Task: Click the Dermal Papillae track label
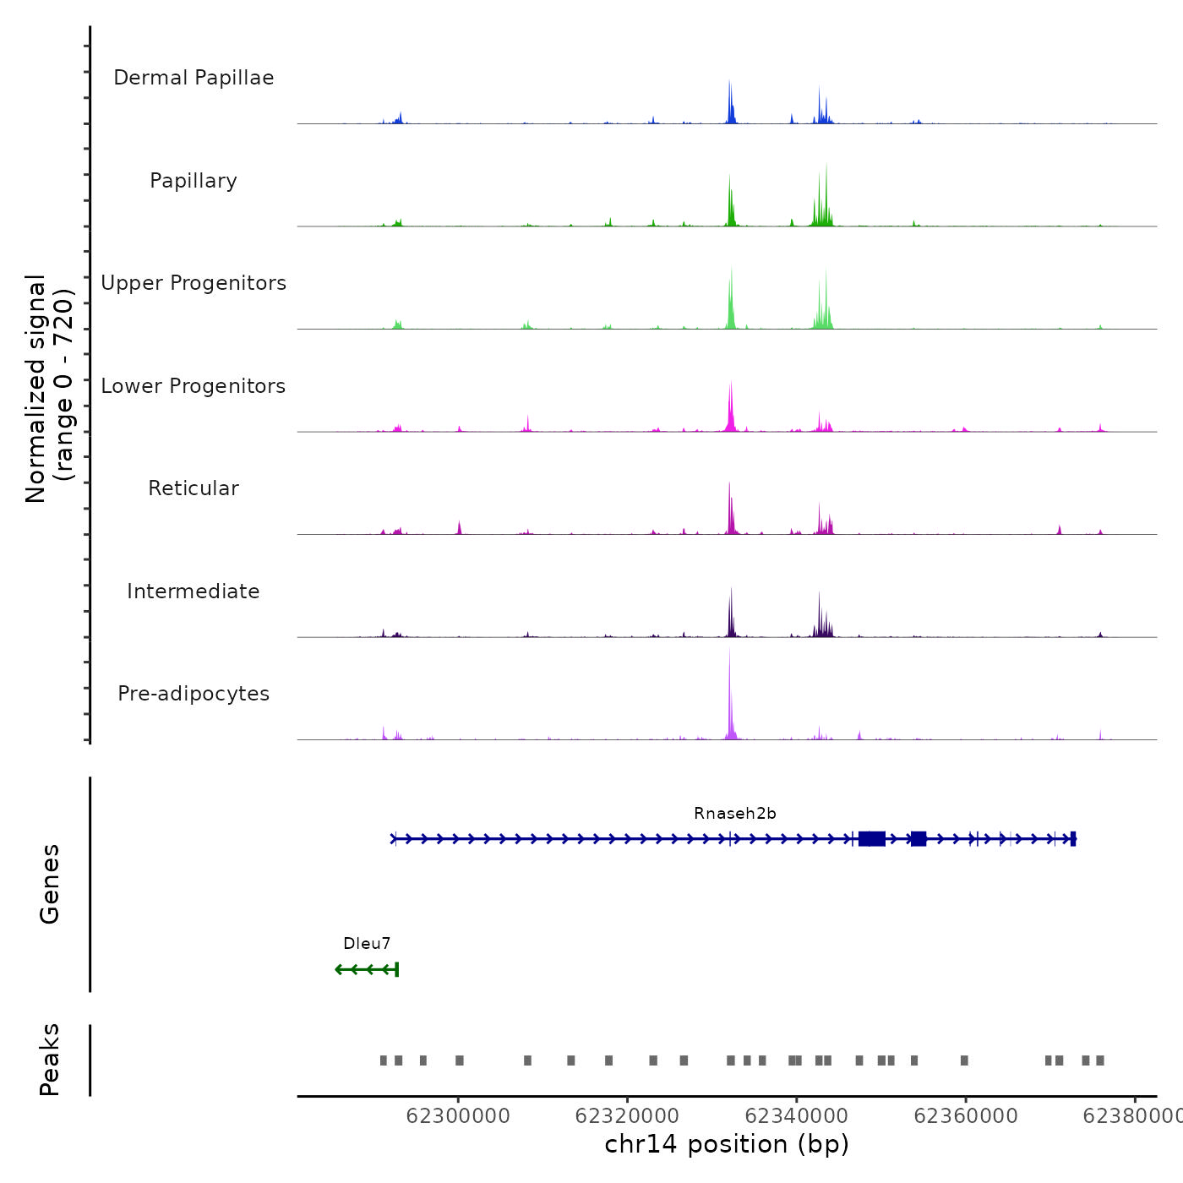[x=194, y=78]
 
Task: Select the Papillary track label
[x=194, y=181]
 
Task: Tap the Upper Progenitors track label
[x=194, y=283]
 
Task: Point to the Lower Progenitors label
[x=194, y=386]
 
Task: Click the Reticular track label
[x=194, y=488]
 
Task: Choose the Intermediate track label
[x=194, y=591]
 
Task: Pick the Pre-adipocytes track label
[x=194, y=694]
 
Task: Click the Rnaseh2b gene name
[x=735, y=814]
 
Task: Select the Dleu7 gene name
[x=367, y=944]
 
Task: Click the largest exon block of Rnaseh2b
[x=872, y=838]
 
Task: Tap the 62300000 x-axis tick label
[x=458, y=1116]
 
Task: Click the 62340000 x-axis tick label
[x=797, y=1116]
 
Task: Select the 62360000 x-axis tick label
[x=966, y=1116]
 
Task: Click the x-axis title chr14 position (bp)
[x=727, y=1144]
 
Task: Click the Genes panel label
[x=50, y=884]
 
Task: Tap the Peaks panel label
[x=50, y=1060]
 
